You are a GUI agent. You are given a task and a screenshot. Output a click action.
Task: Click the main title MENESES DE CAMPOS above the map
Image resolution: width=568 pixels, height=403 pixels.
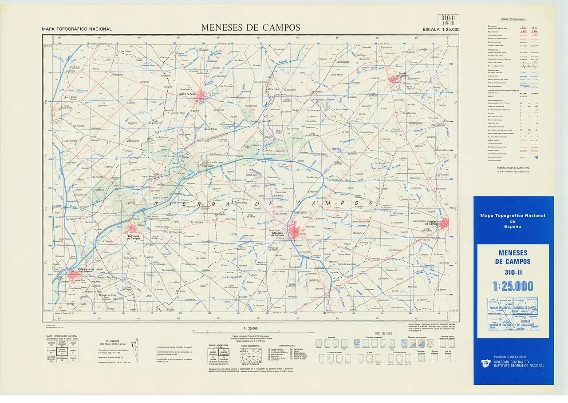click(x=251, y=27)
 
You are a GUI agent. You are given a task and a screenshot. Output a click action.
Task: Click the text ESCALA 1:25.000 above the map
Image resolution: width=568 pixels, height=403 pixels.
click(x=441, y=29)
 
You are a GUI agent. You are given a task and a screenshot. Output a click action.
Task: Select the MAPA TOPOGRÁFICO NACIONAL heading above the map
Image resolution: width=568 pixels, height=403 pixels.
click(x=77, y=29)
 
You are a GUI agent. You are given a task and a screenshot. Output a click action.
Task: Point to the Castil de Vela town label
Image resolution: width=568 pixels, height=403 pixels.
click(x=187, y=94)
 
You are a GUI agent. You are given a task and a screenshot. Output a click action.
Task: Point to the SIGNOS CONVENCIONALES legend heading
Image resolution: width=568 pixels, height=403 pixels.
click(x=513, y=20)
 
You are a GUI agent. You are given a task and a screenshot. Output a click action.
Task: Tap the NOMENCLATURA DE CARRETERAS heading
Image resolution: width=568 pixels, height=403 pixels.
click(x=513, y=167)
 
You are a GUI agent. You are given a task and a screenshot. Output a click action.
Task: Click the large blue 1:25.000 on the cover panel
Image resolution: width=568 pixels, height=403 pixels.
click(x=513, y=286)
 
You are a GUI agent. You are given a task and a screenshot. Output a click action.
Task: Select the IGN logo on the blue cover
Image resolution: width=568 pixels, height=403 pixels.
click(x=485, y=363)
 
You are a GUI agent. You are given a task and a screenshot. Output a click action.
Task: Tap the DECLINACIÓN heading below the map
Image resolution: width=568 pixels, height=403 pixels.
click(x=112, y=341)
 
